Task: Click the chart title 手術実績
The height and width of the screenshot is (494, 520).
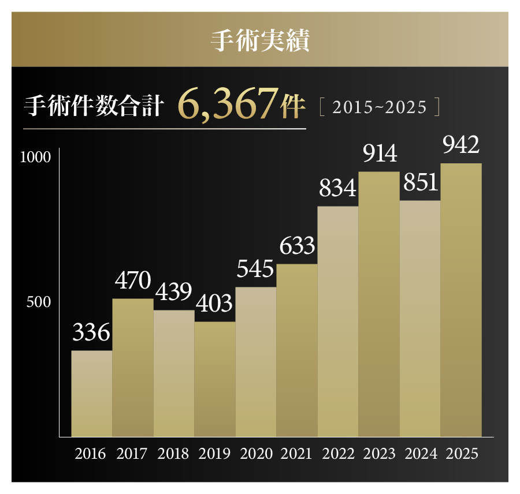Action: [x=259, y=40]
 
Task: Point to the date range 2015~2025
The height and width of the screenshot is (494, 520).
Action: [x=380, y=107]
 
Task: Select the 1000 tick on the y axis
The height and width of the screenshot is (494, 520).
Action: [x=36, y=157]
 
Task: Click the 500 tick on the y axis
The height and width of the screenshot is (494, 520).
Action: [x=39, y=302]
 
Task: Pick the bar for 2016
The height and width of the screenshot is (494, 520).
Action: [x=91, y=393]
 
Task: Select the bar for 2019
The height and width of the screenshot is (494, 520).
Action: [x=215, y=379]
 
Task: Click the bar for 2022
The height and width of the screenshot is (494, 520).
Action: [x=338, y=321]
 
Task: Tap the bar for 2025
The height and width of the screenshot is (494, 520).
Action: [x=461, y=300]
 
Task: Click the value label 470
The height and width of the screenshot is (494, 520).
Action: [x=132, y=281]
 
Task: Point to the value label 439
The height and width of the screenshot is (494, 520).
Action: [x=173, y=293]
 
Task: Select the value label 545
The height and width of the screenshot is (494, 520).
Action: [x=255, y=269]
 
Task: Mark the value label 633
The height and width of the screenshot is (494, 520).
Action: [x=297, y=246]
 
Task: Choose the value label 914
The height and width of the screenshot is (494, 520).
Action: [x=379, y=154]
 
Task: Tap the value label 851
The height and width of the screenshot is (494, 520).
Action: [x=420, y=183]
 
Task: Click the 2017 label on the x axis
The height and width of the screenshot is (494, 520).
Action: [x=132, y=454]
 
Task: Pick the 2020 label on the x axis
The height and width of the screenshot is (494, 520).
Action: [x=256, y=454]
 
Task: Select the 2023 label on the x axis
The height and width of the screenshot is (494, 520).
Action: [x=379, y=454]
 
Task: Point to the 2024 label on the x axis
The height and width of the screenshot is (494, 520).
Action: [x=421, y=454]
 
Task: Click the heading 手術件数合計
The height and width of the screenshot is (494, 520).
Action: [x=93, y=107]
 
